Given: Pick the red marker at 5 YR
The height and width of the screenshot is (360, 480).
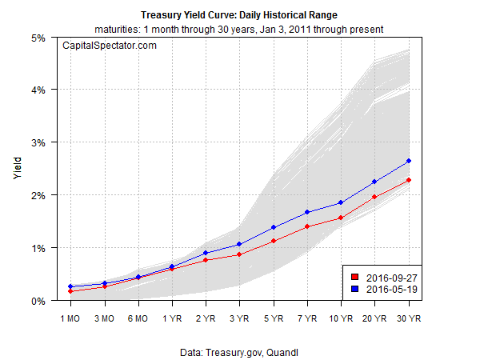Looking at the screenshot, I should pos(274,241).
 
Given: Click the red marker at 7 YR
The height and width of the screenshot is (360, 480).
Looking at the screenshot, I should pos(307,226).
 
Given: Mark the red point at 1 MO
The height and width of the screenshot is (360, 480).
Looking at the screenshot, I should pos(71,291).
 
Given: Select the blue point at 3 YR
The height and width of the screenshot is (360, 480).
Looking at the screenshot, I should pos(239,244).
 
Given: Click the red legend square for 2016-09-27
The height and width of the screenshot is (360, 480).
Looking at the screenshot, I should pos(351,277).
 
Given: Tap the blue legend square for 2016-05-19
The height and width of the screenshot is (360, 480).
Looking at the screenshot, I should pos(351,289).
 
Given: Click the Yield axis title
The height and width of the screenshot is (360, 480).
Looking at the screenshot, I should pos(18,169).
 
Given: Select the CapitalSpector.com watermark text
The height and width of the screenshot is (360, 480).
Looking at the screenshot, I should pos(110,46).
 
